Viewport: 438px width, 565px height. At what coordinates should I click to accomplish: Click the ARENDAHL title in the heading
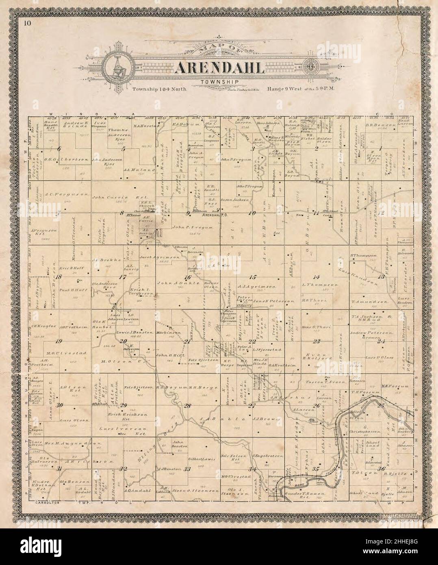pos(219,67)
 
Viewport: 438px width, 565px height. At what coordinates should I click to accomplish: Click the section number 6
pos(60,149)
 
